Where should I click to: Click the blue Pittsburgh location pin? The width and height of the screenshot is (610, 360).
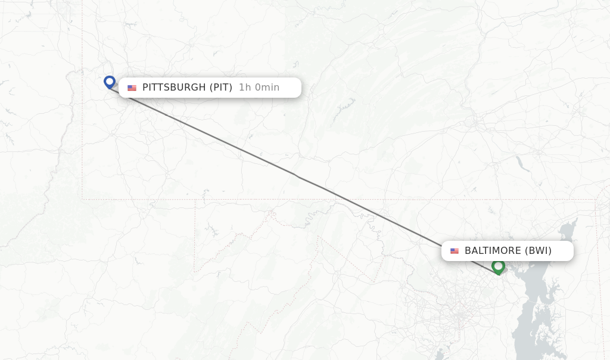click(109, 82)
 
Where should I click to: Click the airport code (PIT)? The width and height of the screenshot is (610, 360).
click(220, 88)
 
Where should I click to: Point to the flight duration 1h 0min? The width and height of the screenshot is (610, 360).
click(259, 88)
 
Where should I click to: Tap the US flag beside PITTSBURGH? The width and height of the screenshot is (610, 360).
click(132, 88)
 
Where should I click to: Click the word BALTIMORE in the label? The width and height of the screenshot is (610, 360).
click(492, 251)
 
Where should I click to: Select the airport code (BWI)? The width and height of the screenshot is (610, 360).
click(538, 251)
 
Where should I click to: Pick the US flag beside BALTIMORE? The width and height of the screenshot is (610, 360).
click(455, 252)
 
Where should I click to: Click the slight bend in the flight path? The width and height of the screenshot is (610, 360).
click(296, 176)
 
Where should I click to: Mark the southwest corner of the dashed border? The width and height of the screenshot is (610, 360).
click(82, 198)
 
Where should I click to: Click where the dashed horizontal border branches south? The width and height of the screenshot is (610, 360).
click(195, 200)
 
